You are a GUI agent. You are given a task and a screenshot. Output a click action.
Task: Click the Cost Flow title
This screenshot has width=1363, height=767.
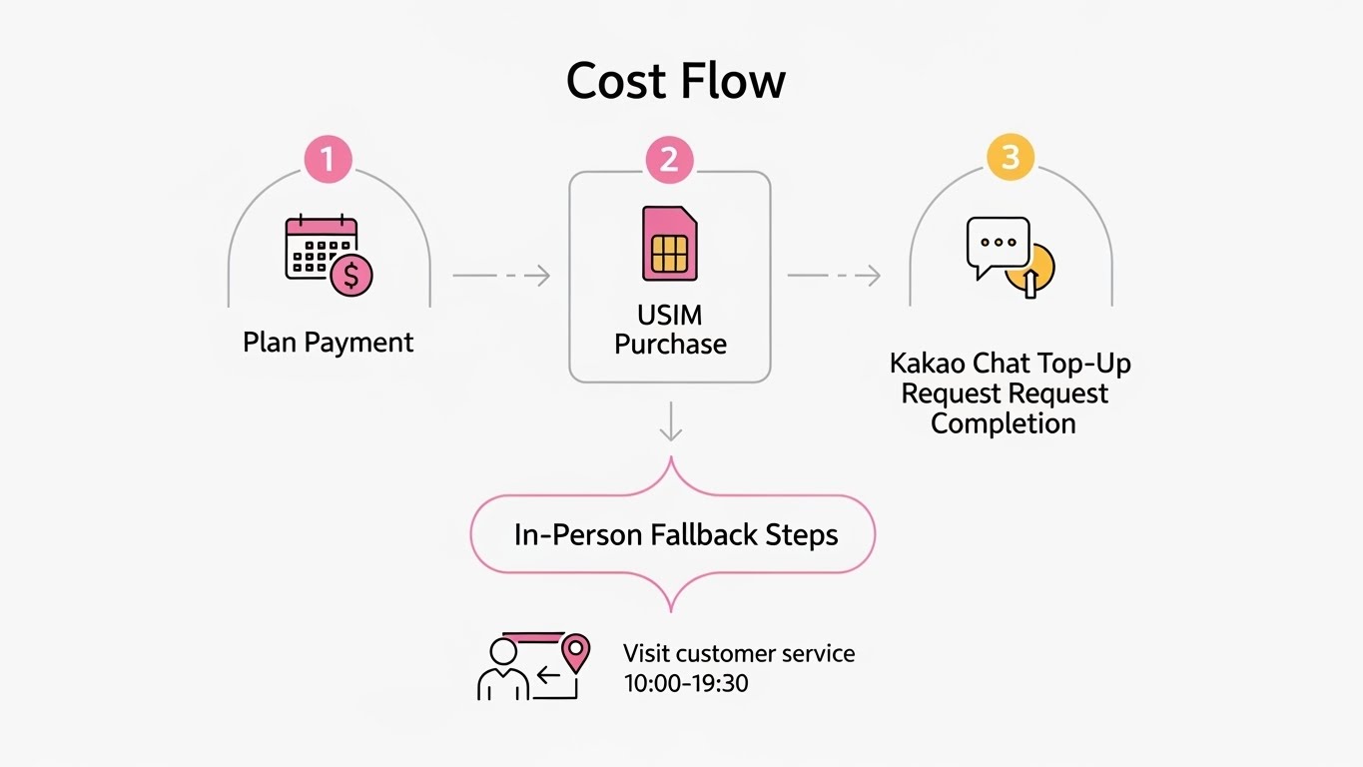[676, 81]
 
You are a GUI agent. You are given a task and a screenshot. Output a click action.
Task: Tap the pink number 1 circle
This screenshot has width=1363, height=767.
[329, 160]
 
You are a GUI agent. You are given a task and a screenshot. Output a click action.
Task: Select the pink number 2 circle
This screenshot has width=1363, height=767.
[669, 160]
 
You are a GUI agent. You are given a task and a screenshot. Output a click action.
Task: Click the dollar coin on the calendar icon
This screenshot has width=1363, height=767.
[351, 276]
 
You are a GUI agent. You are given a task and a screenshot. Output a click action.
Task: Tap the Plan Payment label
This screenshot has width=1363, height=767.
[328, 343]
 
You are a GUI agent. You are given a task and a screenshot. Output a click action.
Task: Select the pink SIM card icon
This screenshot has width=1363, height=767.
[669, 244]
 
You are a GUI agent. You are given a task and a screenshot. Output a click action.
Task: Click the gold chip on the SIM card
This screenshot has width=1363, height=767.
[669, 254]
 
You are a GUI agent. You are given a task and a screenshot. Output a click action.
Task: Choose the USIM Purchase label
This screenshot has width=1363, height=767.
[670, 330]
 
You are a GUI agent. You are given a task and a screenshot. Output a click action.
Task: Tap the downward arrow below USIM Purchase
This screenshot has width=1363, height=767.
[671, 420]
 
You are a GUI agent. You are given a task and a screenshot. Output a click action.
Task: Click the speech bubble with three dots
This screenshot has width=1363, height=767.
[998, 246]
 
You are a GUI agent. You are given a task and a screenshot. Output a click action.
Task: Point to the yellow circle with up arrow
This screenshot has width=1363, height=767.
[1031, 268]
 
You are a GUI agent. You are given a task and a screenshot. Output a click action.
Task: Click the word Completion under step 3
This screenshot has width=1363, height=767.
[1004, 422]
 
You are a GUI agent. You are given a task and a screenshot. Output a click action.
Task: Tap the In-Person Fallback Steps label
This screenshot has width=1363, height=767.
[676, 534]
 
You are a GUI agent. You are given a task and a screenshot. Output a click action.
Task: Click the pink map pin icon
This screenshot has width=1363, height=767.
[575, 651]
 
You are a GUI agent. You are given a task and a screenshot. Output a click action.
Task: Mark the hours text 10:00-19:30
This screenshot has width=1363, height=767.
[686, 684]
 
